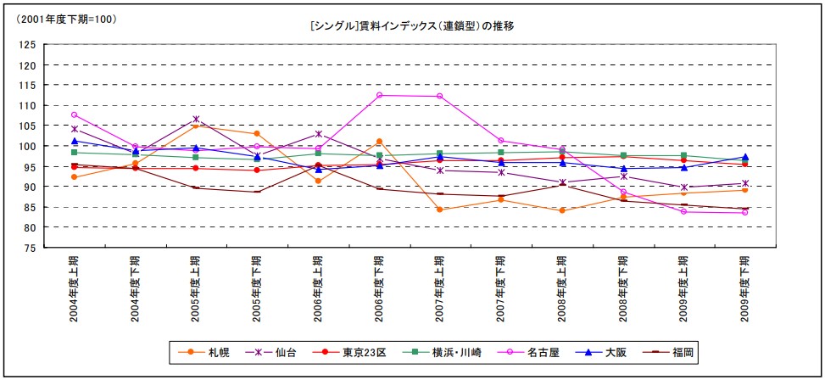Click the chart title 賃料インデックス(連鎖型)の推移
pyautogui.click(x=412, y=26)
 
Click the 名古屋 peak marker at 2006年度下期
pyautogui.click(x=379, y=95)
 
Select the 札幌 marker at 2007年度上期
pyautogui.click(x=440, y=210)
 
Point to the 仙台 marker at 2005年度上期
pyautogui.click(x=196, y=119)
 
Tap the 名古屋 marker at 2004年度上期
pyautogui.click(x=75, y=115)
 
